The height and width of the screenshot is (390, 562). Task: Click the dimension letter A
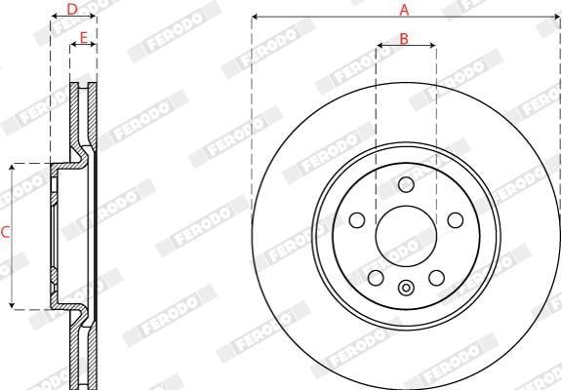tap(404, 10)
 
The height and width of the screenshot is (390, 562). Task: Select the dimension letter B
tap(404, 39)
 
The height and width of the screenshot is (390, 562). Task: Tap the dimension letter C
tap(6, 232)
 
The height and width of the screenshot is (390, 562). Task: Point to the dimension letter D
tap(72, 10)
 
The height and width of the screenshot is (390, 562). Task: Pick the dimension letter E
tap(83, 38)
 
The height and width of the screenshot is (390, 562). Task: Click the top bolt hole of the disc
tap(406, 185)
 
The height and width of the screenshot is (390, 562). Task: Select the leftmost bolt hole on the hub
tap(357, 220)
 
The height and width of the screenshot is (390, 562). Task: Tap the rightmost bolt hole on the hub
tap(456, 220)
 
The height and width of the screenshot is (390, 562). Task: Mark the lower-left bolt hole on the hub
tap(376, 278)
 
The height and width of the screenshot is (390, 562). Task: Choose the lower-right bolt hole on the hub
tap(436, 278)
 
